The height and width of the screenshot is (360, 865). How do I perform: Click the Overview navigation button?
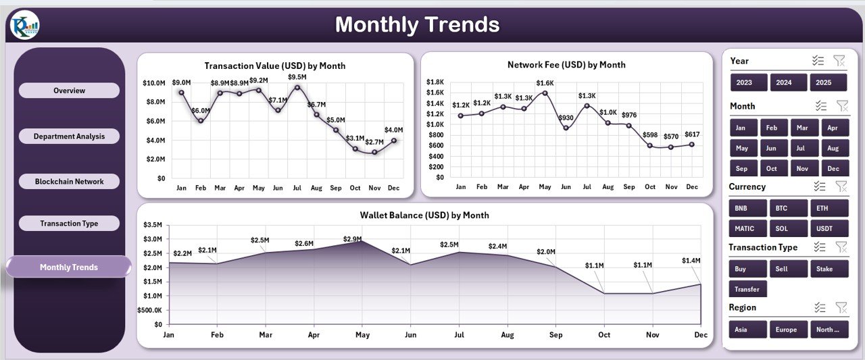[69, 91]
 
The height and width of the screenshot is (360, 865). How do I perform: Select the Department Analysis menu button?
[69, 136]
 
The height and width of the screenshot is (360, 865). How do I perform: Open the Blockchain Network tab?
[69, 182]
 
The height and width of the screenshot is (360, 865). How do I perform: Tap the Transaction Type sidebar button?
[69, 224]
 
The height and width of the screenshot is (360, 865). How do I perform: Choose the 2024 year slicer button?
[789, 82]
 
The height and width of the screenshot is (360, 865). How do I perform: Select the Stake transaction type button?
[829, 269]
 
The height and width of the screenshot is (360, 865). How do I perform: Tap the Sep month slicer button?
[742, 168]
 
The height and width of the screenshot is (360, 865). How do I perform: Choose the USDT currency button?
[829, 228]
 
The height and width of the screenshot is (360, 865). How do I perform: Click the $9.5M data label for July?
[296, 77]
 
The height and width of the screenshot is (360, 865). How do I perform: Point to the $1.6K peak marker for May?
[545, 93]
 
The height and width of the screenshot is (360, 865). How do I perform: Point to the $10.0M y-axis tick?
[153, 83]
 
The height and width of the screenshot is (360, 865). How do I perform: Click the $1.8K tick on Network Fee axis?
[435, 82]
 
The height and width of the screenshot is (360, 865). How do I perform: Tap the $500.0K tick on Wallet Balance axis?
[149, 310]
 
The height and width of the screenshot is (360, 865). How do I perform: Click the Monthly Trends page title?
[417, 25]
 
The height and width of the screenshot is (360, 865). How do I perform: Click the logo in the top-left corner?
[24, 25]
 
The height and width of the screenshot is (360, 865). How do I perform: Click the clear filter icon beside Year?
[839, 61]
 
